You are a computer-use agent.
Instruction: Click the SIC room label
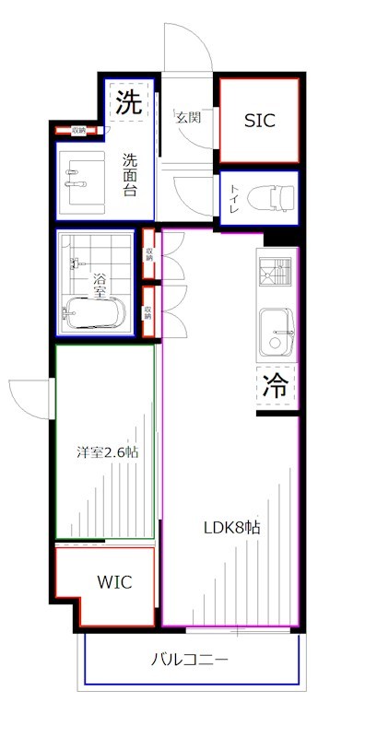coord(259,121)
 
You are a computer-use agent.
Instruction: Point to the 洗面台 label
coord(133,172)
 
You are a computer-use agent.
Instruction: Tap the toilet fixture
coord(272,196)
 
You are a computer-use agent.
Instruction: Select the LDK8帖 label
coord(231,529)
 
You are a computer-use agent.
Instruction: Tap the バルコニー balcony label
coord(190,660)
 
